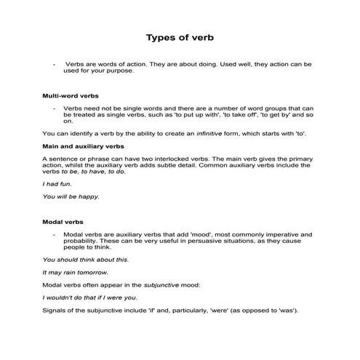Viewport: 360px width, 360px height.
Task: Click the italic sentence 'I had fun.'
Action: (x=56, y=184)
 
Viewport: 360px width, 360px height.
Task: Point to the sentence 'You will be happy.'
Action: (x=71, y=196)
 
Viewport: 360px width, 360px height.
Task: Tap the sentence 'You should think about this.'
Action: (x=86, y=259)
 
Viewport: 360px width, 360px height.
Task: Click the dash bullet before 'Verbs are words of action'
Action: (x=55, y=64)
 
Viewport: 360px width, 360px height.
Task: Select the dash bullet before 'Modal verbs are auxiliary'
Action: (x=55, y=234)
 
